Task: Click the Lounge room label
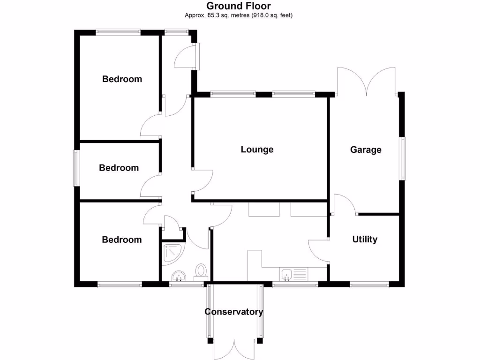[x=257, y=150]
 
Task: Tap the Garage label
[x=366, y=150]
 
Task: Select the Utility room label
[x=365, y=240]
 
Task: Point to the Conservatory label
[x=234, y=312]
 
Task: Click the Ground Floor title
[x=239, y=6]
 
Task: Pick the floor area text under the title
[x=239, y=15]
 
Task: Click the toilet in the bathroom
[x=202, y=271]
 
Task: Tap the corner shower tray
[x=172, y=253]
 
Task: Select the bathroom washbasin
[x=178, y=276]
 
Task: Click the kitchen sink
[x=287, y=273]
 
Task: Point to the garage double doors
[x=367, y=80]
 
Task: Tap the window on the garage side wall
[x=403, y=158]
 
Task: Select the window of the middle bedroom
[x=76, y=168]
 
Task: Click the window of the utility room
[x=369, y=284]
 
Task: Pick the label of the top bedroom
[x=122, y=79]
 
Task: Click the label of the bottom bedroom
[x=122, y=240]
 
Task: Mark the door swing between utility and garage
[x=344, y=204]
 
